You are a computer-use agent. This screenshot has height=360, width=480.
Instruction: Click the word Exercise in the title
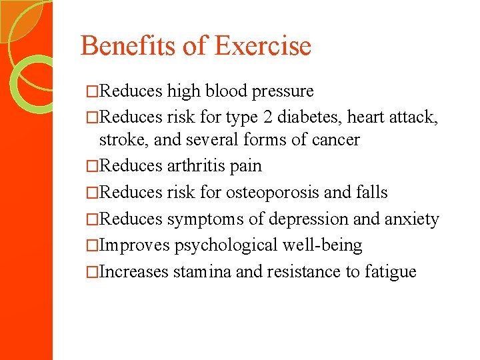click(x=263, y=46)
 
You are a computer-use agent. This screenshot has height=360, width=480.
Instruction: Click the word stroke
click(x=119, y=140)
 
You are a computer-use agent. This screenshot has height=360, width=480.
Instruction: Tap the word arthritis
click(x=199, y=166)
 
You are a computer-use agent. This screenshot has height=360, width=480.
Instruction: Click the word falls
click(x=372, y=193)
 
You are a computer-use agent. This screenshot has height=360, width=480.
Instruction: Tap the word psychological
click(x=224, y=245)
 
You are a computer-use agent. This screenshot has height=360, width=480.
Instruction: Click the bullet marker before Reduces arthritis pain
click(x=93, y=166)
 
